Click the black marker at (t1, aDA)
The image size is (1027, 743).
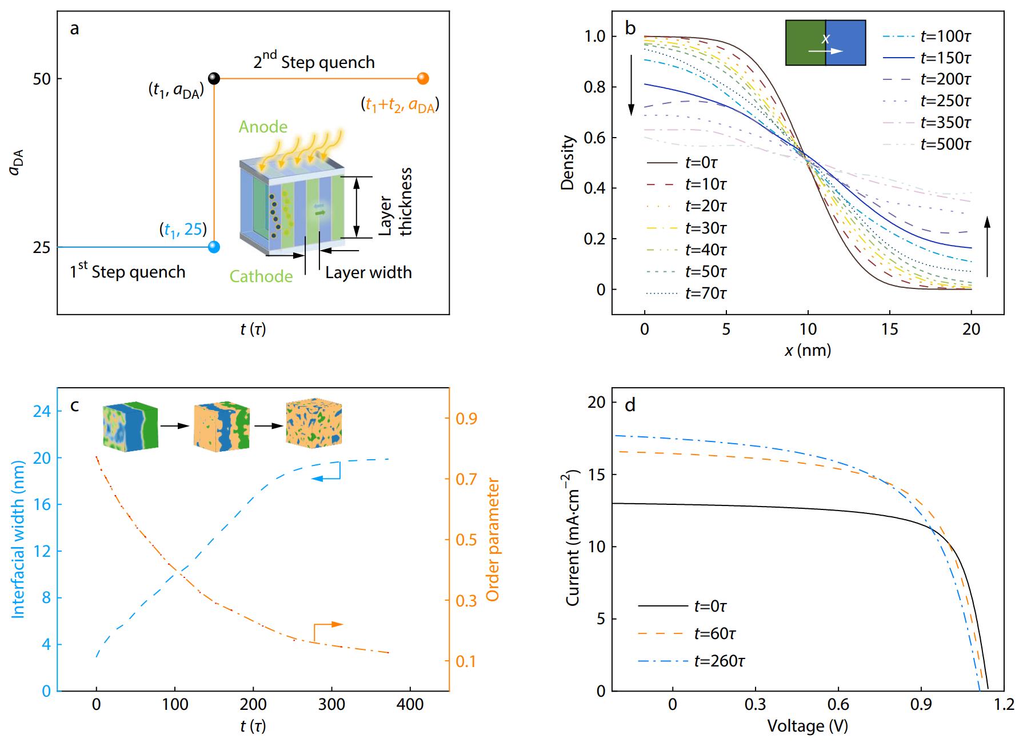click(x=214, y=78)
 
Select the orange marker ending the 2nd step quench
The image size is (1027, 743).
click(x=423, y=78)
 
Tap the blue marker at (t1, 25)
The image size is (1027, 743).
click(x=214, y=247)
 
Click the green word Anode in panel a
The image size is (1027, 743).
click(x=263, y=127)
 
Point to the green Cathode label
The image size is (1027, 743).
click(x=261, y=276)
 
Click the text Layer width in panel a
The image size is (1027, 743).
click(x=369, y=272)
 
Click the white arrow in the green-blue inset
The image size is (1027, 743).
click(x=825, y=51)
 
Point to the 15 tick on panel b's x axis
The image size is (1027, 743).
click(x=890, y=329)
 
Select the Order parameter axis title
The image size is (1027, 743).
click(x=493, y=540)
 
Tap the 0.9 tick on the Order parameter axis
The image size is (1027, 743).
click(x=466, y=419)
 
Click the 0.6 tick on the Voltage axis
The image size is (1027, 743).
click(x=838, y=704)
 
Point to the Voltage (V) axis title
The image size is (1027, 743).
click(x=807, y=726)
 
